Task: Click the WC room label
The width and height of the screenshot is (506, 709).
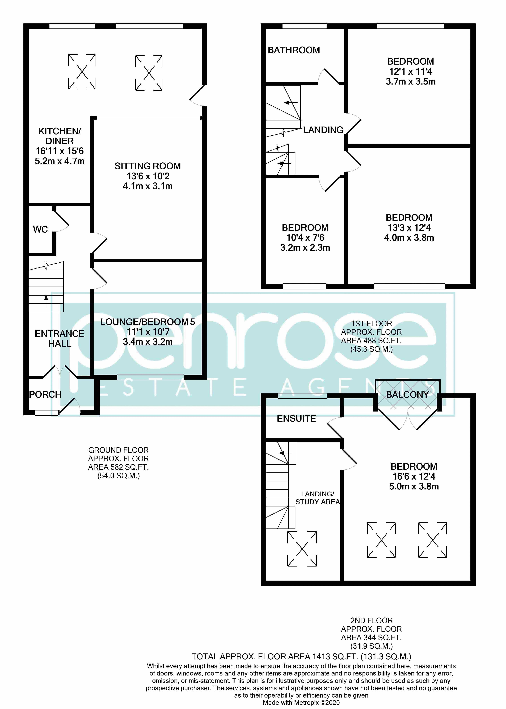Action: pos(40,230)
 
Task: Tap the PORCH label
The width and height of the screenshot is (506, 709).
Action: pos(45,395)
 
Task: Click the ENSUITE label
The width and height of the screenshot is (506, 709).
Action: pos(296,418)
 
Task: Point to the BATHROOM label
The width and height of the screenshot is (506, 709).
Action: pos(294,50)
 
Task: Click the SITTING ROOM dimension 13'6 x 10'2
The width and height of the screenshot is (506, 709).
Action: pos(148,176)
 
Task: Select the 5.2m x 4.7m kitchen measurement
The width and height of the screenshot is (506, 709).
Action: pos(60,161)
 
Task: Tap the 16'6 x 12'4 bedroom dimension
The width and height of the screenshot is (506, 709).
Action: pos(414,476)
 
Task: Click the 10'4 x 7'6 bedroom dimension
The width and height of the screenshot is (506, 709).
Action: pos(305,238)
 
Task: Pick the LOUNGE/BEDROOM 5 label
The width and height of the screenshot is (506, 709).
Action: pos(148,322)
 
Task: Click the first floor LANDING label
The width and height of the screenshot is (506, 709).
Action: pos(323,130)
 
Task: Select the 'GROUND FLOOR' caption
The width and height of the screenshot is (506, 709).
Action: pos(118,450)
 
